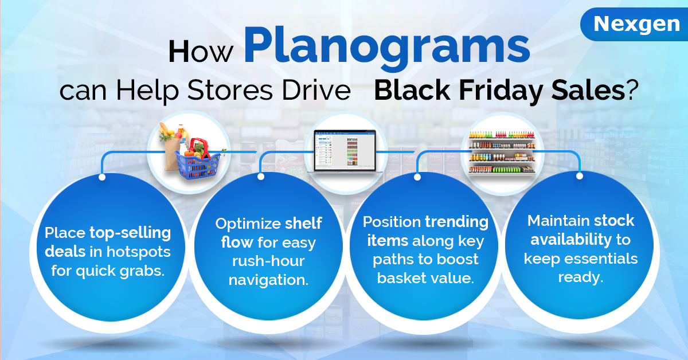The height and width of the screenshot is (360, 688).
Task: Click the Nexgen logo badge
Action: [x=635, y=24]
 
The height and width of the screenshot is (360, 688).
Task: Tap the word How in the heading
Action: [x=201, y=51]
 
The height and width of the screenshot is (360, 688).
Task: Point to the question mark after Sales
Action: [x=631, y=89]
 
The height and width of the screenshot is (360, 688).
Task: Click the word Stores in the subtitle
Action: [x=230, y=90]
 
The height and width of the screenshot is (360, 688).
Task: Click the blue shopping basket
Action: [x=198, y=162]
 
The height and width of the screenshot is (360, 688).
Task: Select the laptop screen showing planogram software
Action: [x=345, y=151]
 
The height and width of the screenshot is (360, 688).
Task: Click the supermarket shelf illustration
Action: [x=502, y=152]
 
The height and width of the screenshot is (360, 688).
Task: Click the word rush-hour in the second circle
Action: [x=268, y=261]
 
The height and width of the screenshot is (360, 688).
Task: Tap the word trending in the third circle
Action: [x=457, y=222]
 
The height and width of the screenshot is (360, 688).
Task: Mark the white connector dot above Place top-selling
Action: [x=102, y=177]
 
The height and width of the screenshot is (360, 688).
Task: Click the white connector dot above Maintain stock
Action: [x=580, y=176]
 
